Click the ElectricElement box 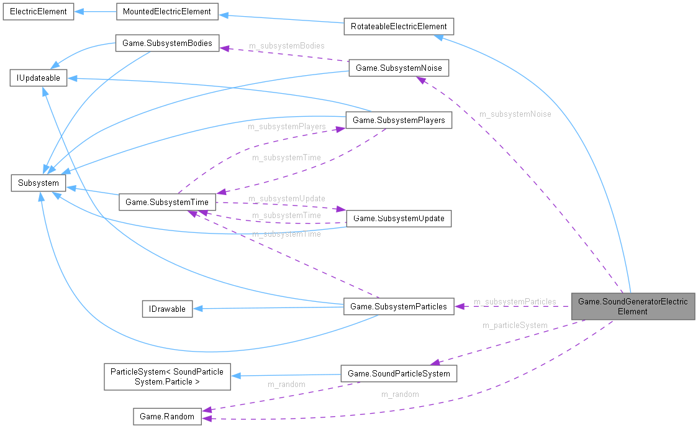39,12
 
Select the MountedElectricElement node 166,12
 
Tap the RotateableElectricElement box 399,27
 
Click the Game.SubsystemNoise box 398,68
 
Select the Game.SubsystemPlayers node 398,121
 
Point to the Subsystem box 39,183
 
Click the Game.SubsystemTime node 167,202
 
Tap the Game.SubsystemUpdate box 398,219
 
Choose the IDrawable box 167,309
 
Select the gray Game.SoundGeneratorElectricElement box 633,306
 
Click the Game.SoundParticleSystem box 399,373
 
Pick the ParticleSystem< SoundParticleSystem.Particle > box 167,377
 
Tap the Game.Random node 167,416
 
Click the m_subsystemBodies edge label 286,46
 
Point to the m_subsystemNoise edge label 515,114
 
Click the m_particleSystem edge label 515,325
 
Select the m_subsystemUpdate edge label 286,199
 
